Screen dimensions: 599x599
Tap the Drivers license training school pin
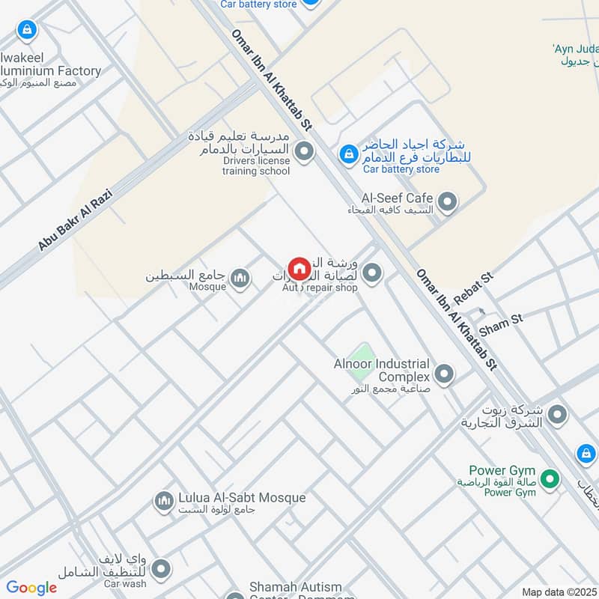point(304,153)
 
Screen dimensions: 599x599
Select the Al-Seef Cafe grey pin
point(447,201)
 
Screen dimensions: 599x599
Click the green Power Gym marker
point(550,478)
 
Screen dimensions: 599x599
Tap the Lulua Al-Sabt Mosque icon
point(164,501)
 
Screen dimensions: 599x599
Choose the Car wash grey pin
point(160,571)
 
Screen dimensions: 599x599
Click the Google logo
point(31,588)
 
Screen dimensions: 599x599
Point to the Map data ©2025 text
point(558,592)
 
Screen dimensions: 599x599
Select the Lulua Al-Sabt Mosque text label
point(242,498)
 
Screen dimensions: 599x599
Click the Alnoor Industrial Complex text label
point(382,370)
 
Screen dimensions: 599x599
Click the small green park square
point(362,353)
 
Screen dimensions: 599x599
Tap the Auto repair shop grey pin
point(371,273)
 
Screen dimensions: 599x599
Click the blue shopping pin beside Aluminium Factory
point(27,30)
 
